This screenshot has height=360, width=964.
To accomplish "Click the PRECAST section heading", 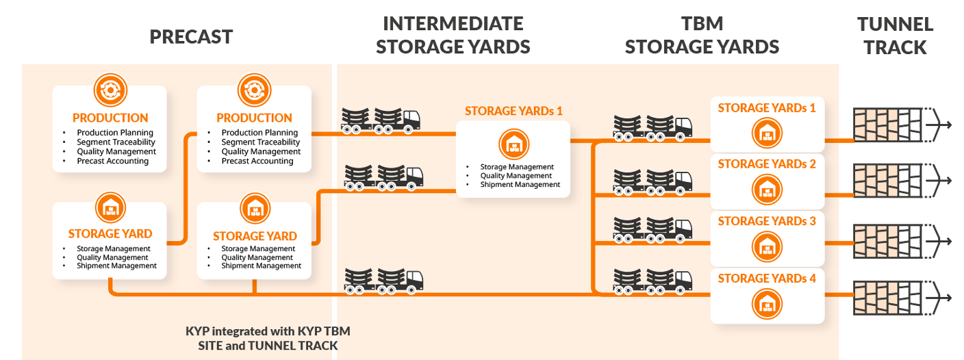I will [191, 36].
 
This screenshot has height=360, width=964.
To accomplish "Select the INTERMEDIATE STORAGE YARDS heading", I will [453, 35].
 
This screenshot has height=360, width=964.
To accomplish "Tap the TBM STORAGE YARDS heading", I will [702, 35].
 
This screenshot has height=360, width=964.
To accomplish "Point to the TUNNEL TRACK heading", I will [895, 36].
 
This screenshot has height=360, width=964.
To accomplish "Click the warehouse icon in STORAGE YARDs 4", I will [767, 303].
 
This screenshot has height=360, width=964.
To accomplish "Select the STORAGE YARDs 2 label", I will [767, 164].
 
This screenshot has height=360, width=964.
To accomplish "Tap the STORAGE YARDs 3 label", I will [767, 221].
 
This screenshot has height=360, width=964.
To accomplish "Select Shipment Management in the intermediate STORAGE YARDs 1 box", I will [520, 185].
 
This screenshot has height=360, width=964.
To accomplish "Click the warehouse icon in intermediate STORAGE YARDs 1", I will [513, 144].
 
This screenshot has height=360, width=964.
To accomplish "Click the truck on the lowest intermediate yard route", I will [383, 281].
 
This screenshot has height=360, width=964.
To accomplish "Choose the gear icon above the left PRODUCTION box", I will [110, 90].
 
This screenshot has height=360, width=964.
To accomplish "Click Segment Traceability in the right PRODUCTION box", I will [260, 142].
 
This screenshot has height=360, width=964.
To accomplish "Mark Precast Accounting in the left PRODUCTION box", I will [112, 162].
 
